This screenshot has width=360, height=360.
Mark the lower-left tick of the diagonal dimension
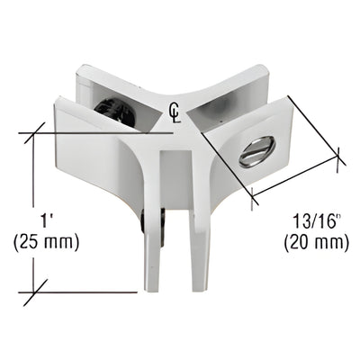[252, 195]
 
